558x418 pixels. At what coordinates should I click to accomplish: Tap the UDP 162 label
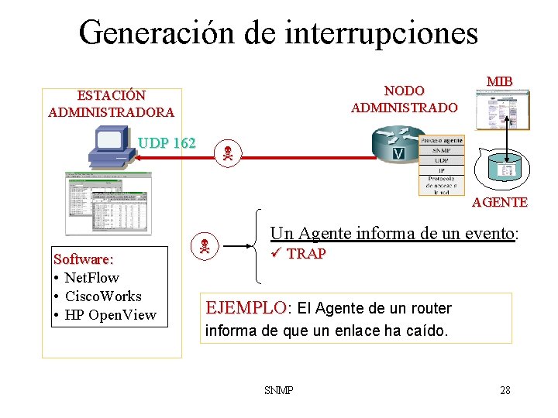[167, 143]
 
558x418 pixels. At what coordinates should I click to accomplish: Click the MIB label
[500, 81]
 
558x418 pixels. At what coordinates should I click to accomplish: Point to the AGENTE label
[500, 202]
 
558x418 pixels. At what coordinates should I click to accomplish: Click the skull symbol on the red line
[227, 153]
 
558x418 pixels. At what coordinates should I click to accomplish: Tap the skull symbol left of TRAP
[205, 248]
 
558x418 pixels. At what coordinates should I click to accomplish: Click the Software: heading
[83, 259]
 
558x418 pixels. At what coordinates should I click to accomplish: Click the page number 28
[505, 390]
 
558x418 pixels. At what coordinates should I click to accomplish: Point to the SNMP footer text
[279, 390]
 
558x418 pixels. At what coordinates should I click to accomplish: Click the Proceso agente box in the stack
[441, 141]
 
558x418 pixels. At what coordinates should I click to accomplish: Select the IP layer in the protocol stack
[441, 170]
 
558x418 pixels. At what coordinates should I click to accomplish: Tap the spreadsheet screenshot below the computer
[108, 202]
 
